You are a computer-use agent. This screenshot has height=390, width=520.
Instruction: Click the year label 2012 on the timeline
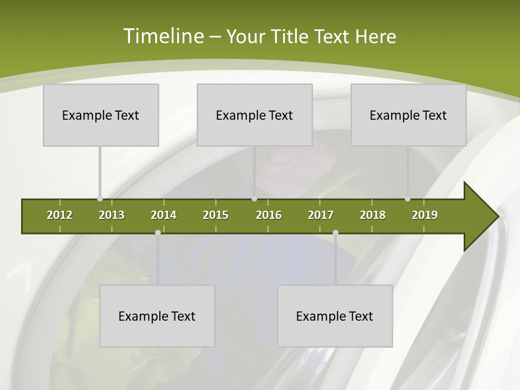[60, 215]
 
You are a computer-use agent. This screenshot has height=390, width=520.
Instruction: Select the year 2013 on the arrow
[112, 215]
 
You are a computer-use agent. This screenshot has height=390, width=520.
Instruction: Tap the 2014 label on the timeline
[164, 215]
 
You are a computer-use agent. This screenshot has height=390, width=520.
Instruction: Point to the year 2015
[216, 215]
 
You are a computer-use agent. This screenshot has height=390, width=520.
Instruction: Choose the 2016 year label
[269, 215]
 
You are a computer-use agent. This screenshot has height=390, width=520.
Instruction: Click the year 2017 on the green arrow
[321, 215]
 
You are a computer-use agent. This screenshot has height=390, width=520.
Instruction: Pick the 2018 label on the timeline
[373, 215]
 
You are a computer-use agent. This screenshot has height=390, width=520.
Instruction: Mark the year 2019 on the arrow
[425, 215]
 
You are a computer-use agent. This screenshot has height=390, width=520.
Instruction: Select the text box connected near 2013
[101, 115]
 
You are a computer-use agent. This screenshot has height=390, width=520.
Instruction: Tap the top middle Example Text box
[255, 115]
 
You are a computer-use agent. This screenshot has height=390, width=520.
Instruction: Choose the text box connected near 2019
[408, 115]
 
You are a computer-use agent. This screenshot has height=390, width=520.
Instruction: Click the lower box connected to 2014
[157, 316]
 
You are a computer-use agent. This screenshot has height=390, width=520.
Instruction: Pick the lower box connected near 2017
[335, 316]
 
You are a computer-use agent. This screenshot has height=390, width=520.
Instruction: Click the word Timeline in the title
[163, 36]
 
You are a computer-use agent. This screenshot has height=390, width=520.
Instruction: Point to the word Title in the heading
[292, 36]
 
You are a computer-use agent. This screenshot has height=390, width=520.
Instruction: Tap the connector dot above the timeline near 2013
[100, 199]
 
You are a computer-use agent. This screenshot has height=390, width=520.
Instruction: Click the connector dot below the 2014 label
[158, 232]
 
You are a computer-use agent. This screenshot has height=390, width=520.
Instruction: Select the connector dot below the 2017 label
[335, 232]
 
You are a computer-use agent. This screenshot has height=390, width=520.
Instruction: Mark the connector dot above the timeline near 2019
[408, 199]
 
